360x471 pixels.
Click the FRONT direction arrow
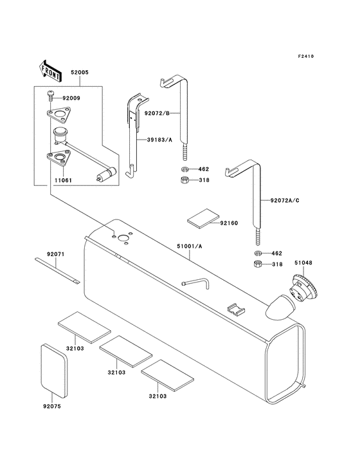coord(50,71)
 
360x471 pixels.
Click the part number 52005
coord(80,73)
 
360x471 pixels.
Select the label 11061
coord(63,181)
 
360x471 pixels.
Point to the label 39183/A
coord(159,140)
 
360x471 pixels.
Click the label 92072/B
coord(157,113)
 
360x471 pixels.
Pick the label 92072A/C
coord(285,200)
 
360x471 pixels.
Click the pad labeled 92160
coord(203,219)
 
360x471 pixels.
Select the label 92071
coord(55,254)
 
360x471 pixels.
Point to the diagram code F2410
coord(306,56)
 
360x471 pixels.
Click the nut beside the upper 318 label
coord(185,180)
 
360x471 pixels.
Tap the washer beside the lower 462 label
coord(258,254)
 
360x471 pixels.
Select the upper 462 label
coord(203,169)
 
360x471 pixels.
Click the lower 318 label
coord(277,264)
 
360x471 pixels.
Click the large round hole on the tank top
coord(123,238)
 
